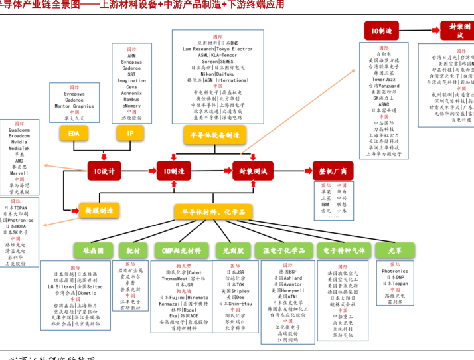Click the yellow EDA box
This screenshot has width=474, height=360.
click(74, 134)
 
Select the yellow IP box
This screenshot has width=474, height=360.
click(131, 134)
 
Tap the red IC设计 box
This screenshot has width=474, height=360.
click(104, 171)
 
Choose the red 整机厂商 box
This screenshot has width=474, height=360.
click(333, 171)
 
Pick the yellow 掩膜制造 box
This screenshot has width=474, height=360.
click(99, 211)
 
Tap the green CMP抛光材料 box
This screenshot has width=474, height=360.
click(181, 250)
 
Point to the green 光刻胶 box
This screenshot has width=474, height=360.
click(233, 250)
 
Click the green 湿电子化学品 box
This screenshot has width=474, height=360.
click(283, 250)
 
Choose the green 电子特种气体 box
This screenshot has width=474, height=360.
click(344, 250)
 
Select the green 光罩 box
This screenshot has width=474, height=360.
click(395, 250)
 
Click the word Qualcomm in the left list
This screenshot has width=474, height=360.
click(19, 130)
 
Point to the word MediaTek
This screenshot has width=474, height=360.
click(19, 148)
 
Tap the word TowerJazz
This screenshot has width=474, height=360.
click(384, 80)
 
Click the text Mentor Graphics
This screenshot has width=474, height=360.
click(74, 106)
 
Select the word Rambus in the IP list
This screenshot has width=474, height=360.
click(131, 100)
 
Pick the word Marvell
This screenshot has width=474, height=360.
click(19, 173)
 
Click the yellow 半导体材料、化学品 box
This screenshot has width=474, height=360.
click(213, 212)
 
